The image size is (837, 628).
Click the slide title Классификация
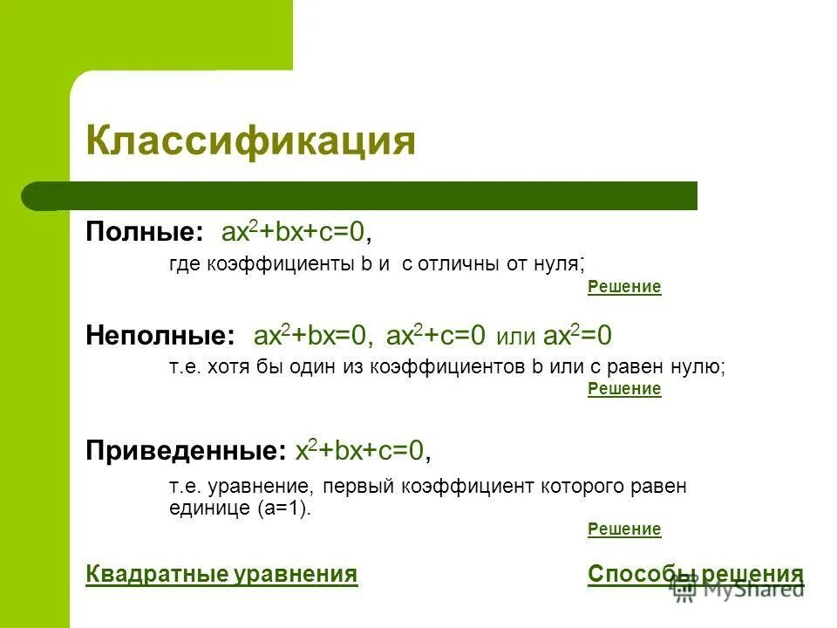pyautogui.click(x=250, y=140)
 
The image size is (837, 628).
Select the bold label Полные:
pyautogui.click(x=144, y=232)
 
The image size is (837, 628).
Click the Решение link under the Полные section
pyautogui.click(x=624, y=287)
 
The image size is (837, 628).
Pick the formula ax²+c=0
pyautogui.click(x=435, y=335)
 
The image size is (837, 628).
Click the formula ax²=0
pyautogui.click(x=577, y=335)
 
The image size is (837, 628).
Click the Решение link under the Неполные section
pyautogui.click(x=624, y=389)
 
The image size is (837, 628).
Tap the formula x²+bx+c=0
pyautogui.click(x=363, y=450)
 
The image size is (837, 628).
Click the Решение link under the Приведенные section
pyautogui.click(x=624, y=529)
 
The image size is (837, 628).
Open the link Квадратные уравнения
pyautogui.click(x=221, y=574)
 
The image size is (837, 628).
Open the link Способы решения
pyautogui.click(x=695, y=574)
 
